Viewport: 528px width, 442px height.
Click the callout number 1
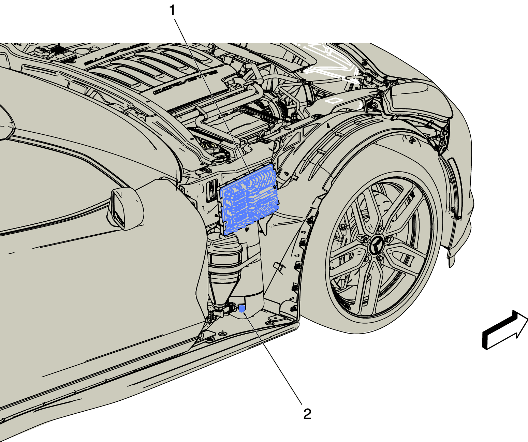pyautogui.click(x=172, y=11)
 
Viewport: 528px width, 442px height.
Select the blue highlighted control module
pyautogui.click(x=249, y=199)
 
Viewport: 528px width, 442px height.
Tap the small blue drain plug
pyautogui.click(x=242, y=309)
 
